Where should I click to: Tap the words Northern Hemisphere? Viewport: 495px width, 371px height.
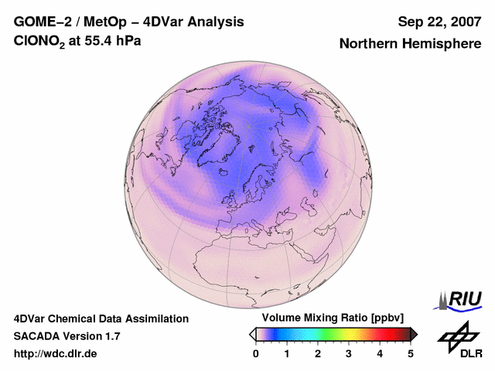410,44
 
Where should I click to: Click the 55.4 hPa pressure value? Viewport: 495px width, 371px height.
113,42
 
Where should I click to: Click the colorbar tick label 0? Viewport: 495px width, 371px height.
256,353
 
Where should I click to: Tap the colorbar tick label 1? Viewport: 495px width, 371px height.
287,353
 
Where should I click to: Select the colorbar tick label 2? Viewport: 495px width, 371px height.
318,353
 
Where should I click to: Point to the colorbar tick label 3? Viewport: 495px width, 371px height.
349,353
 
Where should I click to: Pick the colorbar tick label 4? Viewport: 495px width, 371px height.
380,353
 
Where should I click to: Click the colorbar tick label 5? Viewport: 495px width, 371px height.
411,353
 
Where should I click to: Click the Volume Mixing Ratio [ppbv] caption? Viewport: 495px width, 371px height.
329,318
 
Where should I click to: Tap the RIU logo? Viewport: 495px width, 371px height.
459,300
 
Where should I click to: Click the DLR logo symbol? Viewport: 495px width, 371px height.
457,335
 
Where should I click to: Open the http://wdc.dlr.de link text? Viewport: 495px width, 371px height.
56,354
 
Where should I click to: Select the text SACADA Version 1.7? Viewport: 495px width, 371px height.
67,336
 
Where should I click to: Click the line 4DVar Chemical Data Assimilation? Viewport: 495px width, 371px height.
101,318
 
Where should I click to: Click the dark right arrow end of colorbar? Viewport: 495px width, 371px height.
414,334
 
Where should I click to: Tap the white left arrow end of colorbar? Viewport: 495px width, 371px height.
253,334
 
